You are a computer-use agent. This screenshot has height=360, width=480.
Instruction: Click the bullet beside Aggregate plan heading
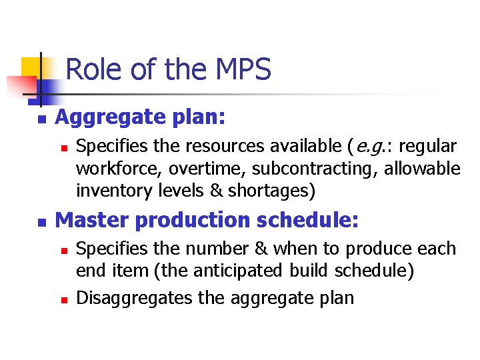point(41,119)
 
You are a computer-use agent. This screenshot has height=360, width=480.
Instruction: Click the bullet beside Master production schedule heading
point(41,221)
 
